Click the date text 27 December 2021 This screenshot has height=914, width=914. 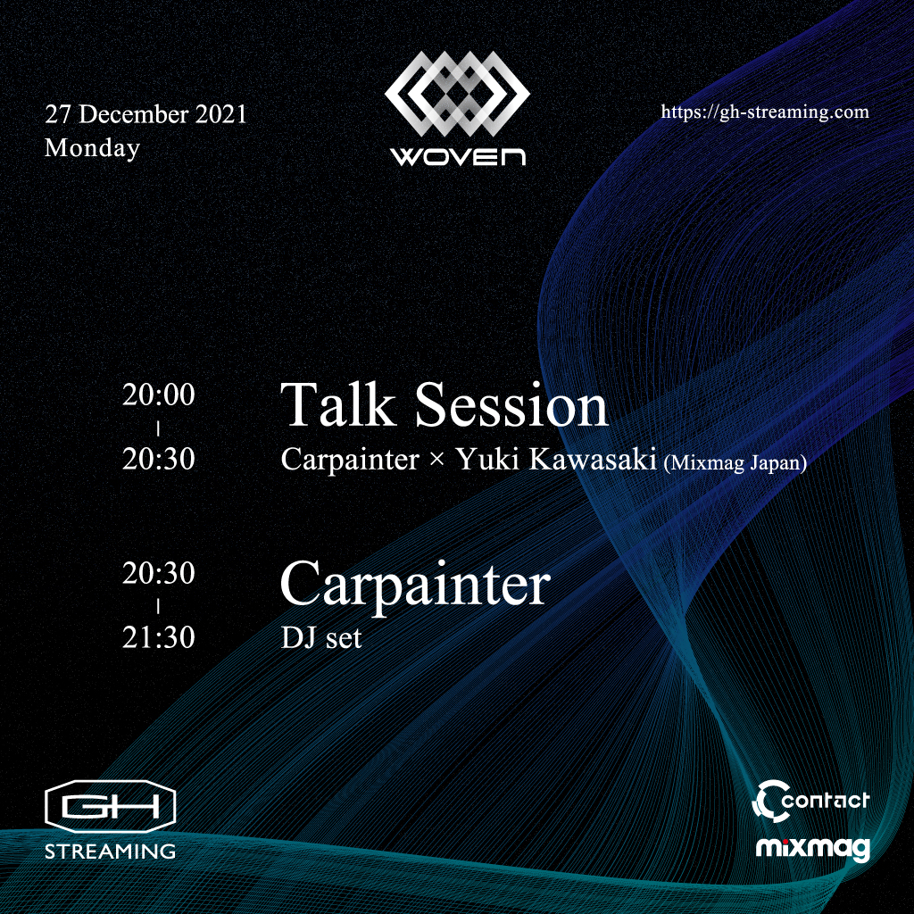(x=145, y=113)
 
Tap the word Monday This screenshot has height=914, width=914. (x=92, y=148)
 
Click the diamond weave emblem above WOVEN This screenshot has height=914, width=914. (x=458, y=94)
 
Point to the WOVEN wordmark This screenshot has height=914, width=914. (x=458, y=157)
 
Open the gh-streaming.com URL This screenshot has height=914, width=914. (x=765, y=112)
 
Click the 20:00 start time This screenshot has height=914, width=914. (x=159, y=395)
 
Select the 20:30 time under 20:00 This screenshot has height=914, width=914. (x=159, y=459)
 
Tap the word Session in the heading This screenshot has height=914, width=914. (x=511, y=405)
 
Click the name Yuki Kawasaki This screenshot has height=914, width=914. (x=556, y=459)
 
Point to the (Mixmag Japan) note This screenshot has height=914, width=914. (x=735, y=462)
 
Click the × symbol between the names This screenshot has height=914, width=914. (x=436, y=460)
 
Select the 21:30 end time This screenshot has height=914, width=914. (x=159, y=637)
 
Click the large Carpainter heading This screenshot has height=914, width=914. (x=415, y=586)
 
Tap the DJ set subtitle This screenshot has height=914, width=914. (x=321, y=637)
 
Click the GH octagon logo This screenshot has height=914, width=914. (x=110, y=806)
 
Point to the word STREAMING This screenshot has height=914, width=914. (x=110, y=851)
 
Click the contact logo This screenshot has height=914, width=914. (x=810, y=801)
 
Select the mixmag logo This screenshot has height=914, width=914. (x=812, y=849)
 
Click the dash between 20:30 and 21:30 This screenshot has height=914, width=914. (x=158, y=607)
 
